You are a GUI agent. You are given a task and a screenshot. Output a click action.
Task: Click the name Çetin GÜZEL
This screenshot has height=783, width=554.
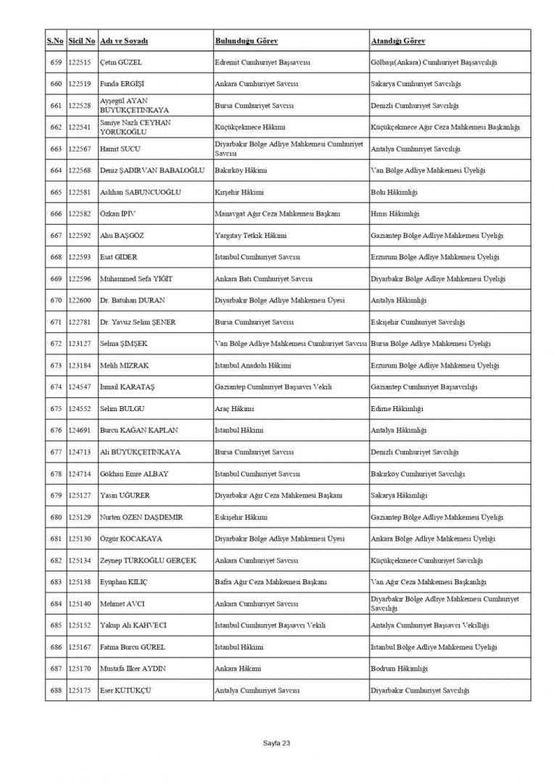120,62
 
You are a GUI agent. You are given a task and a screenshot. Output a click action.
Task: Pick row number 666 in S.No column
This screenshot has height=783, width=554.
55,214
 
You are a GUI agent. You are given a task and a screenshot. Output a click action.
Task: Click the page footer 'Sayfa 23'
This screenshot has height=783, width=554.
276,743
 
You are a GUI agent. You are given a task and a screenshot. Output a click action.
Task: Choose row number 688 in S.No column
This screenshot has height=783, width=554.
55,690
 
